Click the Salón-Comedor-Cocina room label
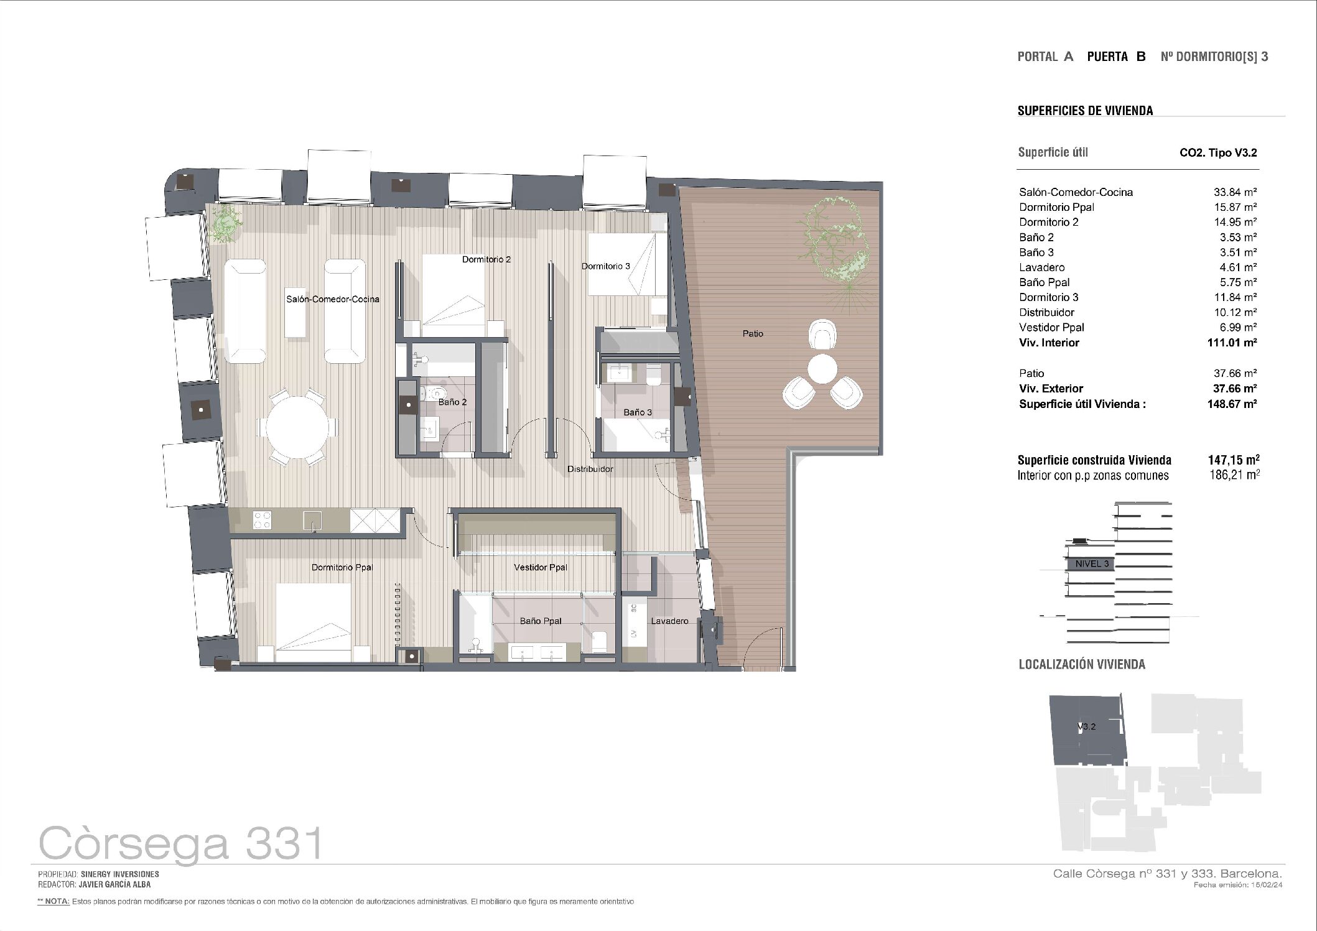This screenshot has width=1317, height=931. point(332,299)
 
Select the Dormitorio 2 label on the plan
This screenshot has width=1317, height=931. point(486,259)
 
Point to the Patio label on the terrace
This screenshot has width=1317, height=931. point(753,334)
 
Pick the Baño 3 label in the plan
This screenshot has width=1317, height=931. point(638,412)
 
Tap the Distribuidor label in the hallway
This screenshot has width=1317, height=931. point(590,469)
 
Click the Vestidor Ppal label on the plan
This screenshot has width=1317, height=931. point(541,567)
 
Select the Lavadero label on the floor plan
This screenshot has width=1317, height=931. point(669,621)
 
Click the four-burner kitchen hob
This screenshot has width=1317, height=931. point(262,520)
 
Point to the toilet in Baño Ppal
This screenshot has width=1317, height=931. point(599,642)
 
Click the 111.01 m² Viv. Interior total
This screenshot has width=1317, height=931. point(1232,343)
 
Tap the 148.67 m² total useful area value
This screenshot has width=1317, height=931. point(1232,404)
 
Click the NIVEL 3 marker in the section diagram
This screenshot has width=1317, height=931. point(1092,564)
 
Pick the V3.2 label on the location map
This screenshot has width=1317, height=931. point(1086,726)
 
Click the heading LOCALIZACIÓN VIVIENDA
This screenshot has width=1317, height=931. point(1082,664)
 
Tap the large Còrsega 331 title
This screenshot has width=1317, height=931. point(181,844)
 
